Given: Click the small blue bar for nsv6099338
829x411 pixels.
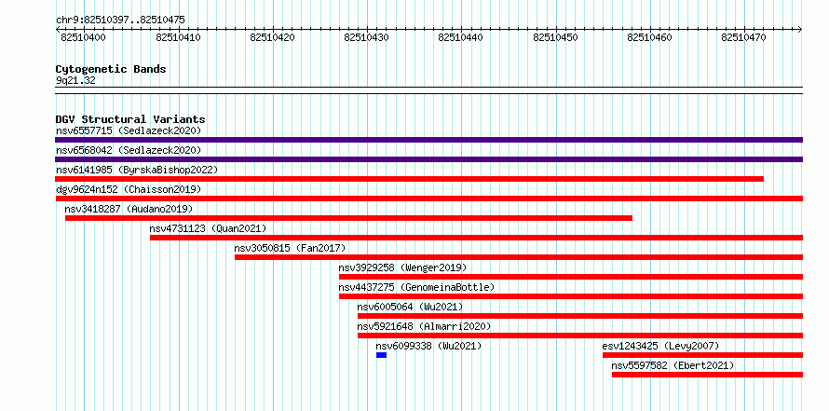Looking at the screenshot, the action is [x=381, y=355].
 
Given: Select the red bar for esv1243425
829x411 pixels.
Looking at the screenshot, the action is [x=702, y=355].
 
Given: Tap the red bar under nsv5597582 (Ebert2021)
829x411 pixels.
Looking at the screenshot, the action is [x=707, y=375].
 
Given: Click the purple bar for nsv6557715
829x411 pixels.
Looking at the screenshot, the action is [x=428, y=140].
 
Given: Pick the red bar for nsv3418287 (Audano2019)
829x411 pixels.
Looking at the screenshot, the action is [x=349, y=218].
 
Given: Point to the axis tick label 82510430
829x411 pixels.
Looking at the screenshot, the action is [x=366, y=37].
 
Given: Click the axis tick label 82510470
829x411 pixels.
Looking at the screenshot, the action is [x=743, y=37].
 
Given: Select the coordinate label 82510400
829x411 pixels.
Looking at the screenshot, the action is [x=83, y=37].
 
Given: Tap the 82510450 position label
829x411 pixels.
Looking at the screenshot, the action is [x=555, y=37].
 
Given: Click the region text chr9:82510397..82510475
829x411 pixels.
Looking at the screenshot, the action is [x=120, y=21].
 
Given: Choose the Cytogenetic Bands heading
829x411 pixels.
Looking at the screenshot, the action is [x=111, y=69].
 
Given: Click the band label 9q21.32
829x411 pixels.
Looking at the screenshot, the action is [x=75, y=81].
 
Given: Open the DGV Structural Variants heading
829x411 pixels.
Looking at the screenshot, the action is [x=130, y=119].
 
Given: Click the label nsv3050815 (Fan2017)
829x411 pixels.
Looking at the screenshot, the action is [x=290, y=248].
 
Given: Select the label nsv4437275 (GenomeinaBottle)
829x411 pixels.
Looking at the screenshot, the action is [x=416, y=287].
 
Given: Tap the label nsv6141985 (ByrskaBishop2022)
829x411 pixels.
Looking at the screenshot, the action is [x=137, y=170].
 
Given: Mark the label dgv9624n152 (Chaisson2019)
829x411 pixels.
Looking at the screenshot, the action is [x=129, y=189].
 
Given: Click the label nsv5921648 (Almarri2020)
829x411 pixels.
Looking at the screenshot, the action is [x=424, y=326].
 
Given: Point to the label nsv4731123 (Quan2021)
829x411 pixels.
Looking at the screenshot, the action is [x=208, y=228].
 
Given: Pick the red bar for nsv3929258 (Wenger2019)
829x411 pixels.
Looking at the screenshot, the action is [x=571, y=277].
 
